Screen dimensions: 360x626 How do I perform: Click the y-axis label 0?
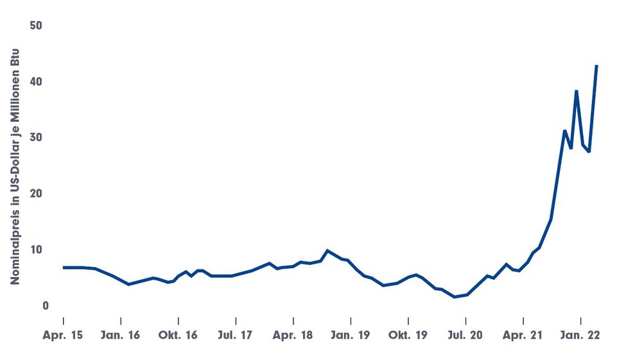click(45, 306)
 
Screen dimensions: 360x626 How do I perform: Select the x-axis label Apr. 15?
click(64, 336)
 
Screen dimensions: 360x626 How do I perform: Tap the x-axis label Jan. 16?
click(121, 336)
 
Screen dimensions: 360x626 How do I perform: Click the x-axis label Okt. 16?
click(178, 336)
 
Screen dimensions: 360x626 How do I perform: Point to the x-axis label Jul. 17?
click(236, 336)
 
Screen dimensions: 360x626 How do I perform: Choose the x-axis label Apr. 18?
click(293, 336)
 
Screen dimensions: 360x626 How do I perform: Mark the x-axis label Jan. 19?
click(351, 336)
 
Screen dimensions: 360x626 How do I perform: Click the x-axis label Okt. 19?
click(408, 336)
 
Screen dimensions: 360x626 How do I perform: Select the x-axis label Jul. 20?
click(465, 336)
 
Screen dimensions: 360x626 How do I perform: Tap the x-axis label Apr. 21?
click(523, 336)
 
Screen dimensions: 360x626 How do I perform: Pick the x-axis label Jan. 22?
click(580, 336)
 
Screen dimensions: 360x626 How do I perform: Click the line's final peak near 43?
click(597, 65)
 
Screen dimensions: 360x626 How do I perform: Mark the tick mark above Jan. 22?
click(581, 320)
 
